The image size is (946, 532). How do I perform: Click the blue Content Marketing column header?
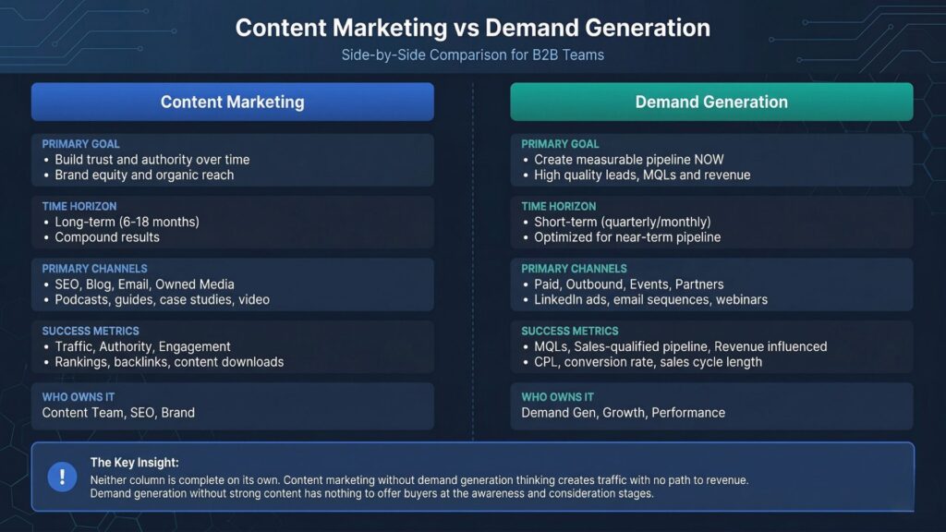click(x=232, y=102)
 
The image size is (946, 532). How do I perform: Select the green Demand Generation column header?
click(x=711, y=102)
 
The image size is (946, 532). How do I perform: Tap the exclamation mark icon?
click(x=62, y=477)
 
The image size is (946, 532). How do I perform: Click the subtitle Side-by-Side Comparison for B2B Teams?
click(x=472, y=54)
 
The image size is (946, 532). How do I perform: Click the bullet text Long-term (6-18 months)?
click(x=127, y=222)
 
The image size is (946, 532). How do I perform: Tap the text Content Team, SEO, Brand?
click(x=118, y=412)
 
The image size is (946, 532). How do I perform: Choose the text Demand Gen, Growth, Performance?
click(x=623, y=412)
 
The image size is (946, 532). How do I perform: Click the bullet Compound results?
click(x=106, y=237)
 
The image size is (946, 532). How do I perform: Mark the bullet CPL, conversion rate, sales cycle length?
click(x=648, y=362)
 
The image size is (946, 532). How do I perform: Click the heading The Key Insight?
click(x=134, y=462)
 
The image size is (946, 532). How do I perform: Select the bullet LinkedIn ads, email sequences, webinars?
click(x=650, y=299)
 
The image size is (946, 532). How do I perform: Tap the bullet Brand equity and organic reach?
click(x=144, y=175)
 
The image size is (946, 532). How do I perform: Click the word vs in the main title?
click(x=466, y=27)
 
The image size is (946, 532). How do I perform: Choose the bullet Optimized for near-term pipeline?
click(x=627, y=237)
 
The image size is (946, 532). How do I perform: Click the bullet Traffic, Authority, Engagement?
click(x=142, y=346)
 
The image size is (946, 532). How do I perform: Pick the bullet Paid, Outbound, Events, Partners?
click(x=628, y=284)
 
